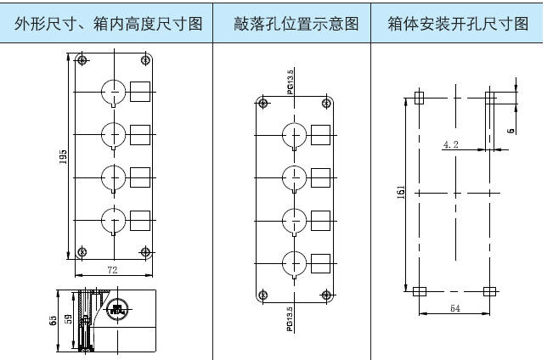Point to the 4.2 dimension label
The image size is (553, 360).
point(450,145)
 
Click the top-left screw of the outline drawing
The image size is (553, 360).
point(82,59)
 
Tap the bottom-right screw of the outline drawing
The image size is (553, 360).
point(145,251)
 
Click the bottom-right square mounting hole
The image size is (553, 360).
point(489,290)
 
